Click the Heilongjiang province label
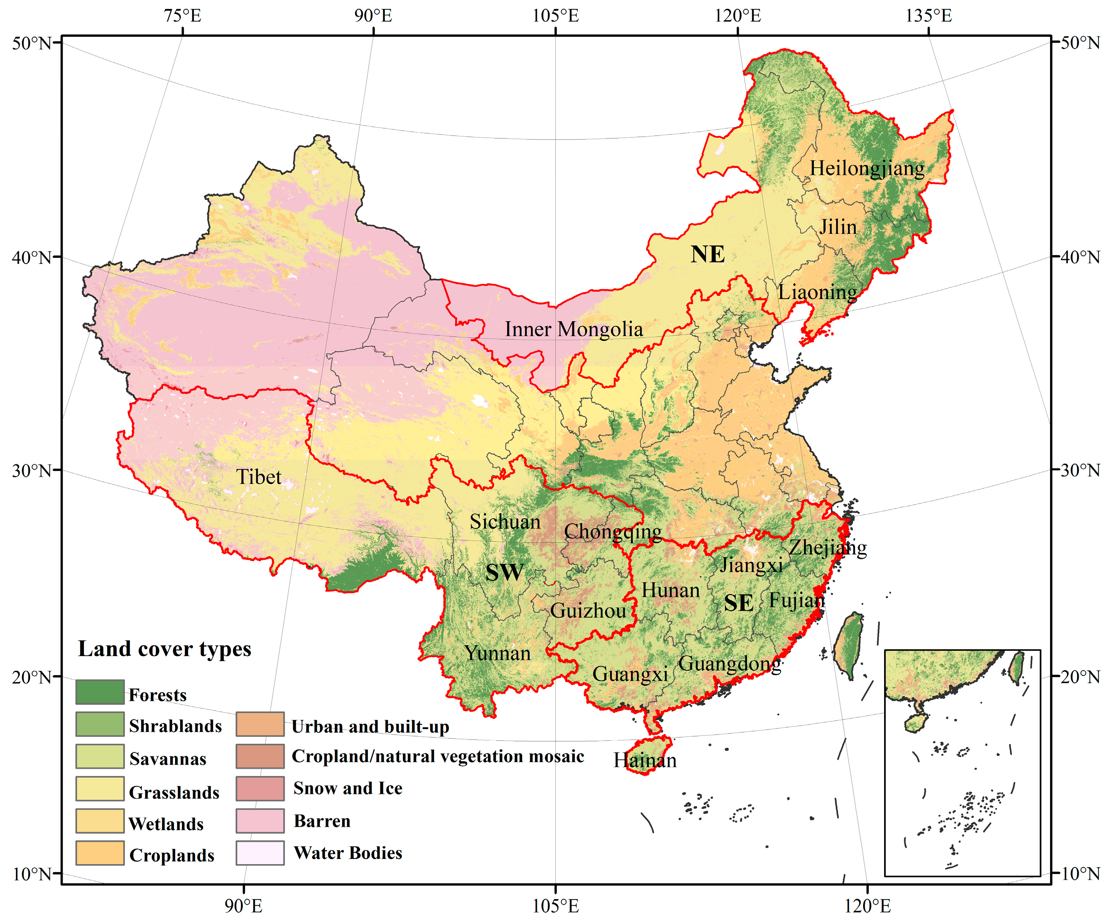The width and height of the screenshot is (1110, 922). (x=867, y=168)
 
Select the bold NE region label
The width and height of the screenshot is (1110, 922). (x=707, y=255)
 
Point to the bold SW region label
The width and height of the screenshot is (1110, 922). (x=504, y=572)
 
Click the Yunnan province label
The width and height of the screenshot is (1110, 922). (x=497, y=653)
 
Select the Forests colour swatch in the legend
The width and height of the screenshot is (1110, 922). (x=100, y=692)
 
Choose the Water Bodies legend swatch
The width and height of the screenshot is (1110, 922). (x=260, y=853)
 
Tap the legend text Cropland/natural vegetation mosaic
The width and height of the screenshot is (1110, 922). (x=438, y=756)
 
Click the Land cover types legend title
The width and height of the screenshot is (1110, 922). (x=164, y=649)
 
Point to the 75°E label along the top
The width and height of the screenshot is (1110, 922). (x=183, y=16)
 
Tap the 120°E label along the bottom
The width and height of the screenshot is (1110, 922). (x=867, y=906)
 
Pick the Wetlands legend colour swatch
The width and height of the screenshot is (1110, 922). (x=100, y=821)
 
